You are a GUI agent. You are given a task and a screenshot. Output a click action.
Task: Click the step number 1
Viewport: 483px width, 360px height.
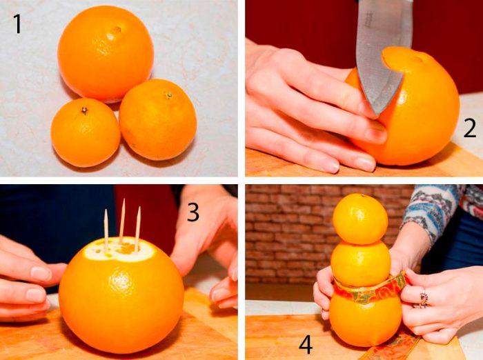point(17,24)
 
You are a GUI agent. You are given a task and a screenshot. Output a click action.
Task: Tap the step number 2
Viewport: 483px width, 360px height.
point(469,129)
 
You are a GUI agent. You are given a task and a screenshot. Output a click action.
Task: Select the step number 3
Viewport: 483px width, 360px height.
point(193,212)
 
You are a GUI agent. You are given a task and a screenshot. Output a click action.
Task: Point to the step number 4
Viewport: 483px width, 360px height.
point(306,345)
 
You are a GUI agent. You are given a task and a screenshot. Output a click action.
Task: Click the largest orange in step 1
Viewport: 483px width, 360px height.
point(106,54)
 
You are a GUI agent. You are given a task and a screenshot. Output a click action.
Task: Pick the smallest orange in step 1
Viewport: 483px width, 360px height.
point(86,132)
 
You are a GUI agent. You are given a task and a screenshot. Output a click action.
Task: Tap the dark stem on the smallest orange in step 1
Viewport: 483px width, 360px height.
point(84,110)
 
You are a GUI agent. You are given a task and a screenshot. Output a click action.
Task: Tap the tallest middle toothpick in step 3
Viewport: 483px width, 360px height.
point(123,221)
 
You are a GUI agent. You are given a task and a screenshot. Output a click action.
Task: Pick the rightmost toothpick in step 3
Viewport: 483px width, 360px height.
point(138,228)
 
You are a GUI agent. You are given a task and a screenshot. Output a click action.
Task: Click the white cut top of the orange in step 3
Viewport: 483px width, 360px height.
point(119,250)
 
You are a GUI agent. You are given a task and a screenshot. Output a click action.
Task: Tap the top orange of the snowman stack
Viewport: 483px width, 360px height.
point(360,219)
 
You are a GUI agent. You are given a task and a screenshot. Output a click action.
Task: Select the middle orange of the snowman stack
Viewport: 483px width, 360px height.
point(361,263)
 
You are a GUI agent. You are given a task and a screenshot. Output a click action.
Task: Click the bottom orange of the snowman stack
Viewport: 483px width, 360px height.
point(365,319)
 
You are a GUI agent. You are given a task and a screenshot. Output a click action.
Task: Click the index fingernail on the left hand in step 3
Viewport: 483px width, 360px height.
point(41,274)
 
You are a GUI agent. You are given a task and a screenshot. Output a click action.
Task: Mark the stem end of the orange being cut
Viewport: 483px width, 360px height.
point(418,59)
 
